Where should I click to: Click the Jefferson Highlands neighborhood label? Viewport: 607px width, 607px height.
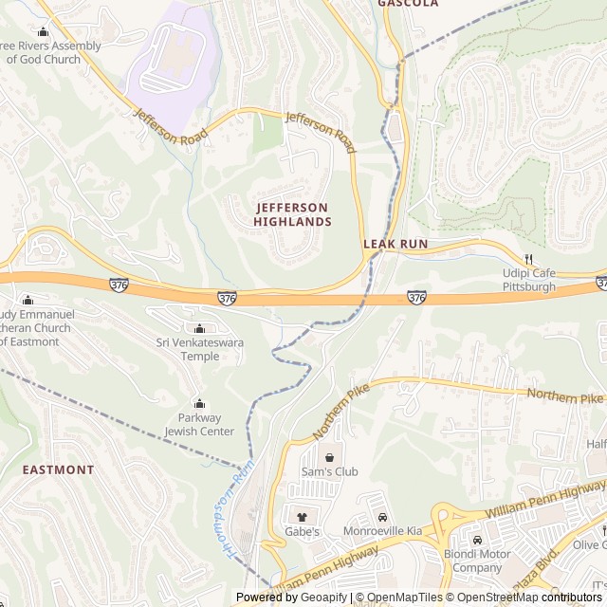(292, 214)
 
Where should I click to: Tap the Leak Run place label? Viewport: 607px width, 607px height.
(395, 244)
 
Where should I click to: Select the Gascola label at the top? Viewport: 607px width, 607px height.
(408, 4)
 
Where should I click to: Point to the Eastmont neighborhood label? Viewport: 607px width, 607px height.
(58, 469)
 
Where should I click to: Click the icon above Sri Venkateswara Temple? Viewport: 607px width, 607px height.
(198, 328)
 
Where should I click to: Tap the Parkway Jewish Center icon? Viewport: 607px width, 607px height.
(198, 403)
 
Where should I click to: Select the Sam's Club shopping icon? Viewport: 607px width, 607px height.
(329, 457)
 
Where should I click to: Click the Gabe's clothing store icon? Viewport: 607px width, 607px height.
(303, 517)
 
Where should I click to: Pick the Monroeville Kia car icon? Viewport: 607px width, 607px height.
(382, 517)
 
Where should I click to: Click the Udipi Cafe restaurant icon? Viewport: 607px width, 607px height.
(529, 258)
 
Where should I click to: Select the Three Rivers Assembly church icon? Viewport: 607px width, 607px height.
(43, 32)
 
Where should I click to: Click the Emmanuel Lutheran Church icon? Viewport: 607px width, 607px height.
(28, 300)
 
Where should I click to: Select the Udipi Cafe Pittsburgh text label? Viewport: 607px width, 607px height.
(528, 280)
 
